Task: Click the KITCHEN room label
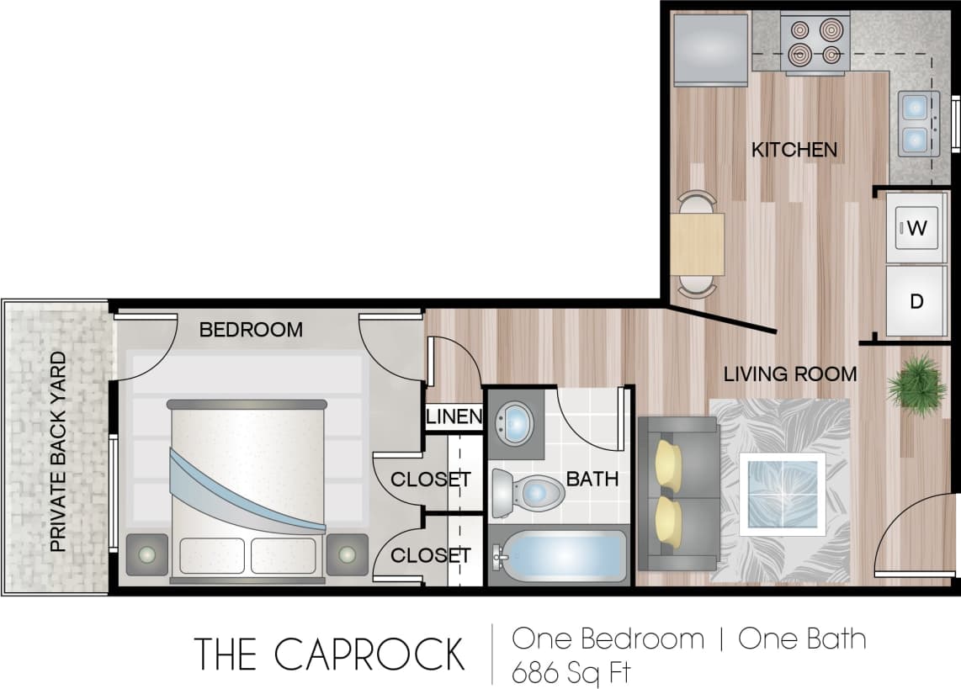click(x=794, y=150)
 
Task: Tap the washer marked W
click(x=917, y=227)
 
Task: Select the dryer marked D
click(x=917, y=301)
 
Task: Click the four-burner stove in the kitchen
click(x=812, y=44)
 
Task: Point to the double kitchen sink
click(x=915, y=123)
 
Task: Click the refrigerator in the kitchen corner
click(x=710, y=49)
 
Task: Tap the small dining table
click(x=697, y=244)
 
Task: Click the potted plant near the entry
click(x=916, y=384)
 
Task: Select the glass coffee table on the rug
click(x=782, y=493)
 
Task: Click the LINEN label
click(x=454, y=416)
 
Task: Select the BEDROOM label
click(x=251, y=330)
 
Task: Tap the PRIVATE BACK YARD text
click(x=58, y=452)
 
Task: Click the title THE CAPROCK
click(x=329, y=654)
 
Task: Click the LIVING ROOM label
click(x=790, y=374)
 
